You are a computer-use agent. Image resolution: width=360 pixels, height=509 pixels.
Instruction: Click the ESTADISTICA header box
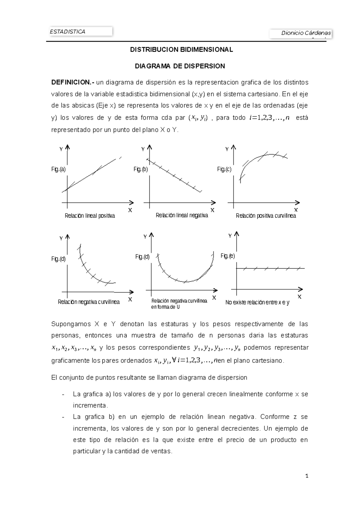click(x=81, y=32)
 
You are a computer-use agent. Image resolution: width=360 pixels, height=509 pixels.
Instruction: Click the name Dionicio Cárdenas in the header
click(x=306, y=33)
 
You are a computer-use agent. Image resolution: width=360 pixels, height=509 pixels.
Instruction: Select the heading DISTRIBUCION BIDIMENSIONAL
click(x=181, y=50)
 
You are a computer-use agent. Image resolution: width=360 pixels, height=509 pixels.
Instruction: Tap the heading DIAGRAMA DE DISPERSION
click(x=180, y=66)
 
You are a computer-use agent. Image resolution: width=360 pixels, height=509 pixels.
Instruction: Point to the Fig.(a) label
click(x=58, y=169)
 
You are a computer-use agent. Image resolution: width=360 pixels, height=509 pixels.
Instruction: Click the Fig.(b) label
click(x=140, y=169)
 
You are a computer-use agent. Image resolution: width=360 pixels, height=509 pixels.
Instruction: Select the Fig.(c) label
click(x=224, y=169)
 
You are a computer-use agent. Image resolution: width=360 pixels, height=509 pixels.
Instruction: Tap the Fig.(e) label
click(x=228, y=256)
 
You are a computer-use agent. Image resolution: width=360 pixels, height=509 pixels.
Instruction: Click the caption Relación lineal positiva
click(x=90, y=216)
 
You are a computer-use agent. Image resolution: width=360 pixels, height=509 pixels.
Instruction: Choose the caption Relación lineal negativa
click(x=182, y=215)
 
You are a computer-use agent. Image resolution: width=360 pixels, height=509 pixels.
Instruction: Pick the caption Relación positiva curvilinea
click(x=266, y=216)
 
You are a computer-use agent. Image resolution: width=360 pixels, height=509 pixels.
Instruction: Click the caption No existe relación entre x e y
click(x=257, y=303)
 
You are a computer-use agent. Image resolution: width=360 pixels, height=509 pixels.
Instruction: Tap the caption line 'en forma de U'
click(x=165, y=307)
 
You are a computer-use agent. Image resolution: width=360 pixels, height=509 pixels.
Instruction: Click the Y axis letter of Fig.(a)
click(x=61, y=149)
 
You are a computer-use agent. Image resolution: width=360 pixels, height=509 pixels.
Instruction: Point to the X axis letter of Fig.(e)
click(x=299, y=297)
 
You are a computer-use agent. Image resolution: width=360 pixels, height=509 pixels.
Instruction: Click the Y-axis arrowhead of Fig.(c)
click(x=234, y=147)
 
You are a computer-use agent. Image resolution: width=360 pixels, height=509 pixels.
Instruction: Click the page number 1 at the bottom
click(x=307, y=476)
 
